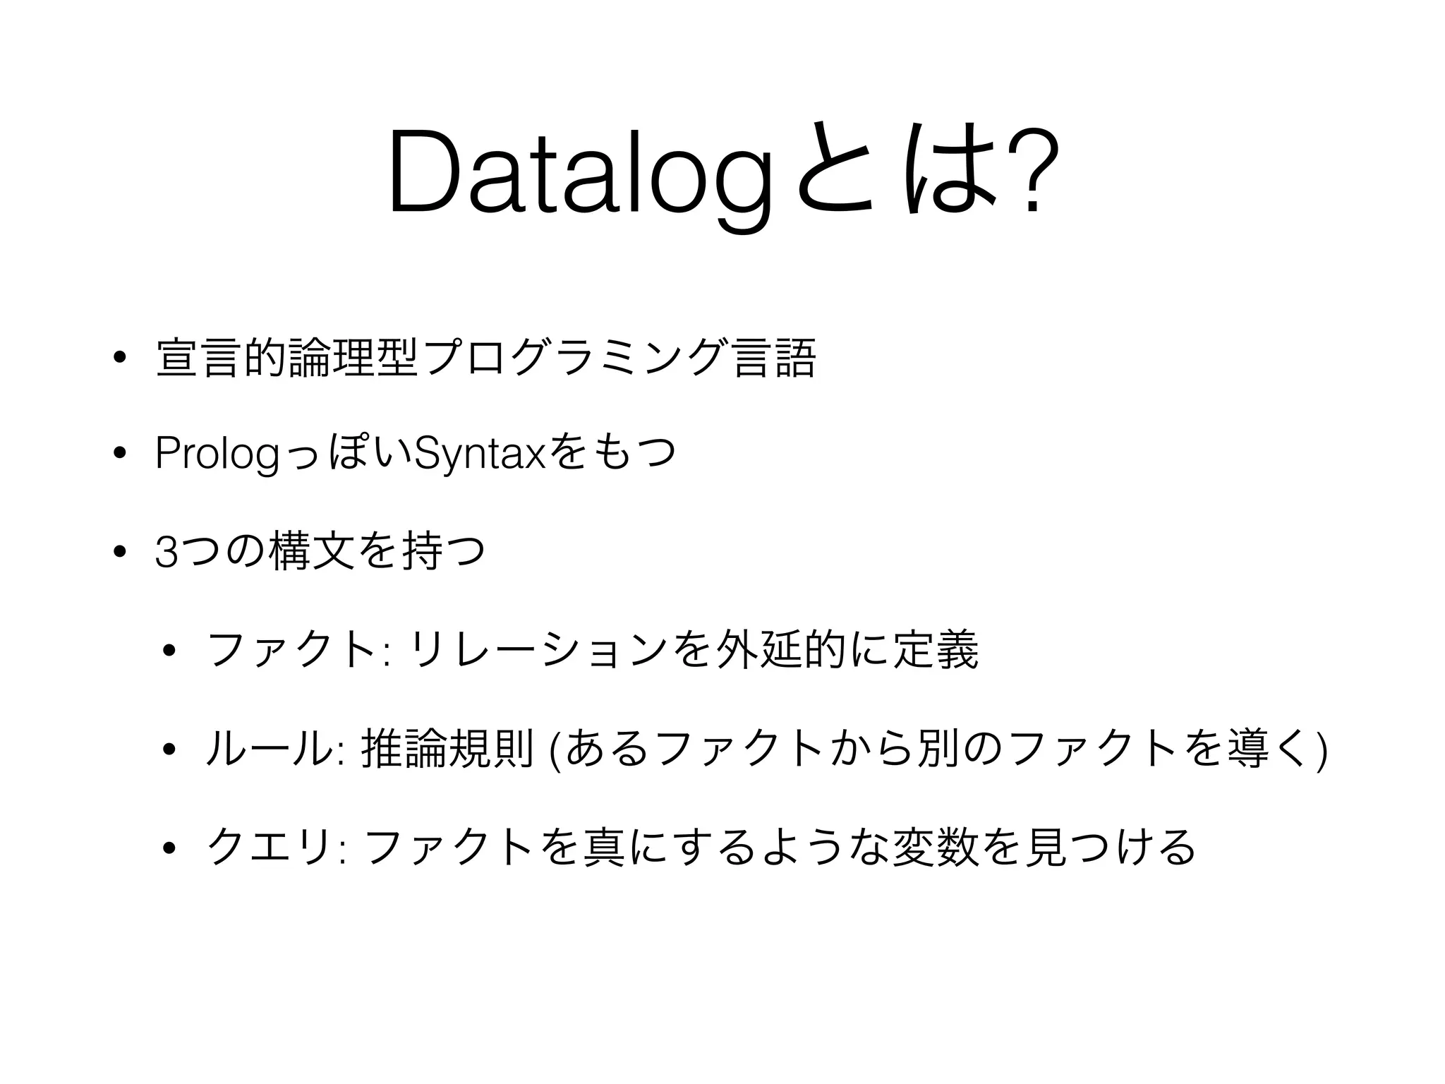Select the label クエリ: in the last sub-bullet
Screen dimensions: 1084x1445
[275, 847]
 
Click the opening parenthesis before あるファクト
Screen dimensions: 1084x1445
[556, 749]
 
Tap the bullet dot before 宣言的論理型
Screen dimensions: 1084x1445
[117, 357]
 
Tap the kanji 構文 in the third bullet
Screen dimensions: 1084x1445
[310, 552]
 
